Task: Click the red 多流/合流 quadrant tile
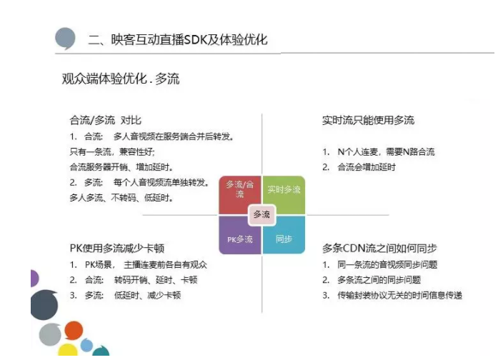pos(239,194)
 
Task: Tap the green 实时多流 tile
pos(284,194)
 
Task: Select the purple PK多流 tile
pos(239,235)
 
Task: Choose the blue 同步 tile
pos(284,235)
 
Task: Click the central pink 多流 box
pos(262,214)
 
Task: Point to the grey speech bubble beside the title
pos(65,39)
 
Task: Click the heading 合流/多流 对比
pos(105,120)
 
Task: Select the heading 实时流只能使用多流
pos(368,120)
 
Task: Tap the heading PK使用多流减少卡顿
pos(116,248)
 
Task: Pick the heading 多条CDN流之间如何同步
pos(379,248)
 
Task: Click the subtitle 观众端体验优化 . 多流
pos(121,79)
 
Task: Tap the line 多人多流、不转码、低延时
pos(121,197)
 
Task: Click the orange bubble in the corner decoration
pos(74,331)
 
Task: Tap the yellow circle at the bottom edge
pos(68,350)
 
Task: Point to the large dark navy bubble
pos(44,305)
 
